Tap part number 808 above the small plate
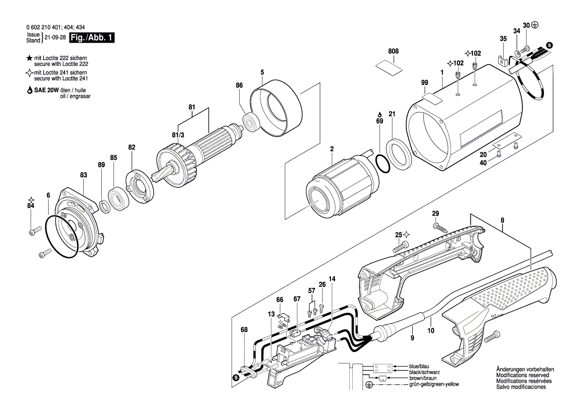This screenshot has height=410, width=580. click(x=393, y=51)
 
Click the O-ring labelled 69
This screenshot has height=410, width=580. click(x=382, y=163)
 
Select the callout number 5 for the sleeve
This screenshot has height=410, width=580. click(x=261, y=72)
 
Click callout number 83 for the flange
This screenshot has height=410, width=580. click(x=83, y=175)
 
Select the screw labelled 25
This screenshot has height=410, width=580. click(x=400, y=246)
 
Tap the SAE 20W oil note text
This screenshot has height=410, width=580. click(x=59, y=93)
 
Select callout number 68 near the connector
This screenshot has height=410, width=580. click(x=243, y=330)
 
